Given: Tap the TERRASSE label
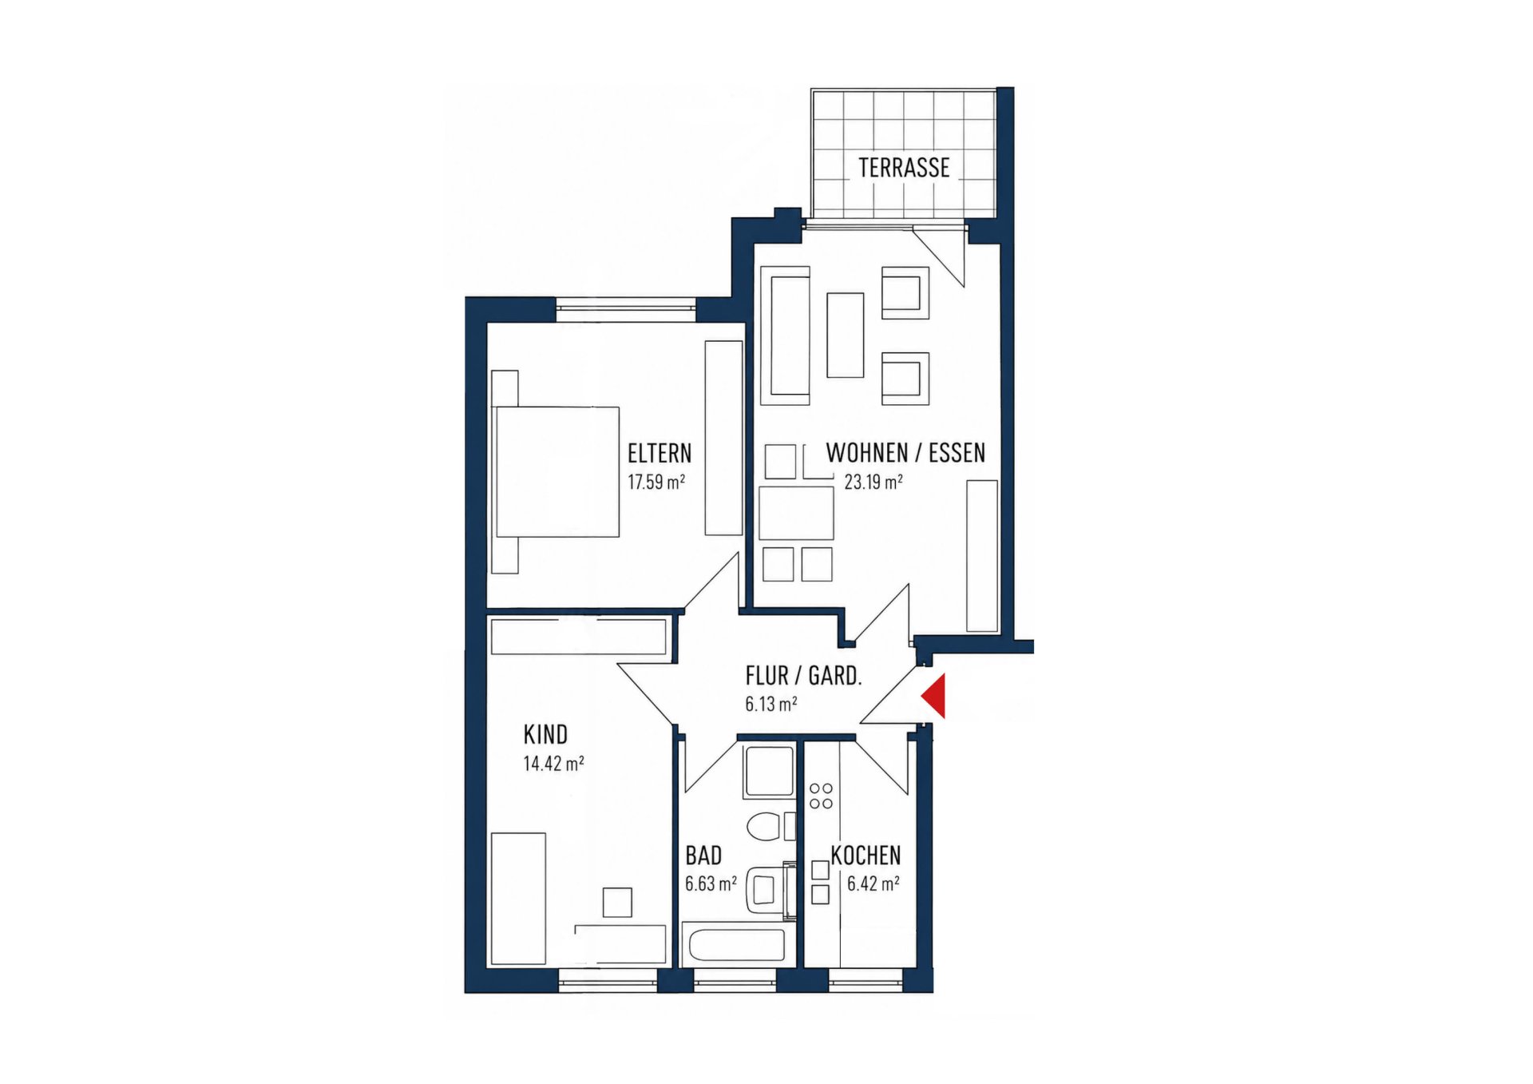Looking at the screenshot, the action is (x=904, y=168).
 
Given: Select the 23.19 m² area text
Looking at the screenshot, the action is (x=873, y=482).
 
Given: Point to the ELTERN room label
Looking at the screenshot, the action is (x=660, y=454).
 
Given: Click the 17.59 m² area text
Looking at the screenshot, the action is (x=656, y=482).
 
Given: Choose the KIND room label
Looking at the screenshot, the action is (x=545, y=734).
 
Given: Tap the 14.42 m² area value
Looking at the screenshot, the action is (x=553, y=763).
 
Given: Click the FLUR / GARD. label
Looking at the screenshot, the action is (x=803, y=676).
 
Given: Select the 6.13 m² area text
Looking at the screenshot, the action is (x=771, y=704).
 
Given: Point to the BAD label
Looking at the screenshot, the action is (x=703, y=856).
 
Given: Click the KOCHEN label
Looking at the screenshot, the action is (x=866, y=856).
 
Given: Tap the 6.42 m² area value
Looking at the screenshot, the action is (x=873, y=883).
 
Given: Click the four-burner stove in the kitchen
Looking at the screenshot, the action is (x=821, y=796).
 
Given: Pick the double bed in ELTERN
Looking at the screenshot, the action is (x=557, y=471).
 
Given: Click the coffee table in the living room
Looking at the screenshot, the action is (x=846, y=335).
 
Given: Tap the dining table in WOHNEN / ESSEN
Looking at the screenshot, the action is (x=796, y=513).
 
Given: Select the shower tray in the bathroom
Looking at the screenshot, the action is (x=769, y=772).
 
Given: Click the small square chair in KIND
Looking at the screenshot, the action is (x=617, y=902).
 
